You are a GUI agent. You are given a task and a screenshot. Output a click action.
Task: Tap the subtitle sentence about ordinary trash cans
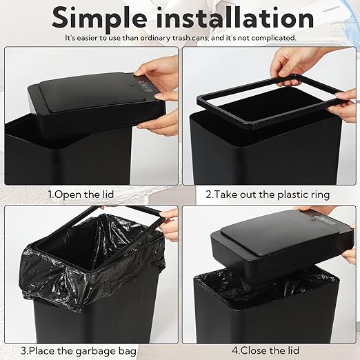pos(181,37)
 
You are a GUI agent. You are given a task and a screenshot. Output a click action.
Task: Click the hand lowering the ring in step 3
pos(168,224)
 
